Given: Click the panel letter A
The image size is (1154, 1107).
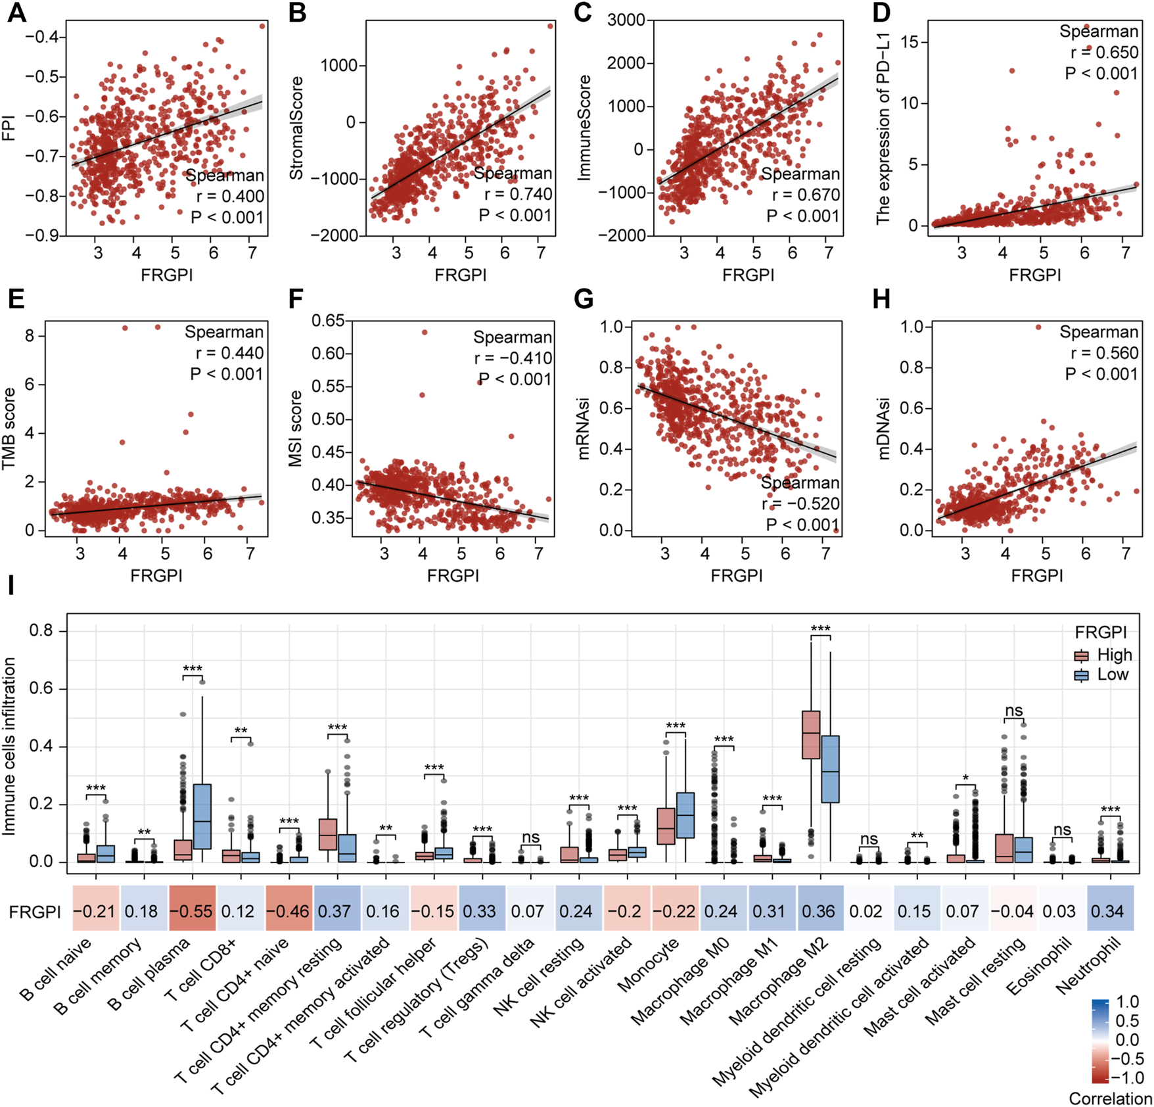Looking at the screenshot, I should click(16, 12).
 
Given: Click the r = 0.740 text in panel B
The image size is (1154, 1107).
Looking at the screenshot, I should click(518, 195).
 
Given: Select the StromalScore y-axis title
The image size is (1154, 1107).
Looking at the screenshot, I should click(297, 128).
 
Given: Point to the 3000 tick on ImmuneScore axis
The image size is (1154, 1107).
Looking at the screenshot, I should click(626, 20).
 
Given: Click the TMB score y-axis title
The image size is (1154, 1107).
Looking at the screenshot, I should click(9, 428).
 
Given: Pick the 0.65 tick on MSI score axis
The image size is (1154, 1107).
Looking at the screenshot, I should click(328, 321).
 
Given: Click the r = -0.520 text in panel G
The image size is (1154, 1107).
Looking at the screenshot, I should click(800, 504).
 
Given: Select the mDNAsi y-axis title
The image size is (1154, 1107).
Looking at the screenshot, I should click(884, 429).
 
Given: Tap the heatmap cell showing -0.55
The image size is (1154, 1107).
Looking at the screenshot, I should click(192, 912).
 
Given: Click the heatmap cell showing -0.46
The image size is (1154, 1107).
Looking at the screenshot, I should click(288, 912).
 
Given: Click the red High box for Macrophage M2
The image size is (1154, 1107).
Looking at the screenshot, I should click(811, 734).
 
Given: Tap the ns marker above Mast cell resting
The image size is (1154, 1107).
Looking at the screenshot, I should click(1013, 711).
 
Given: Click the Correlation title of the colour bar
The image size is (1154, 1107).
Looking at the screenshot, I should click(1110, 1098).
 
